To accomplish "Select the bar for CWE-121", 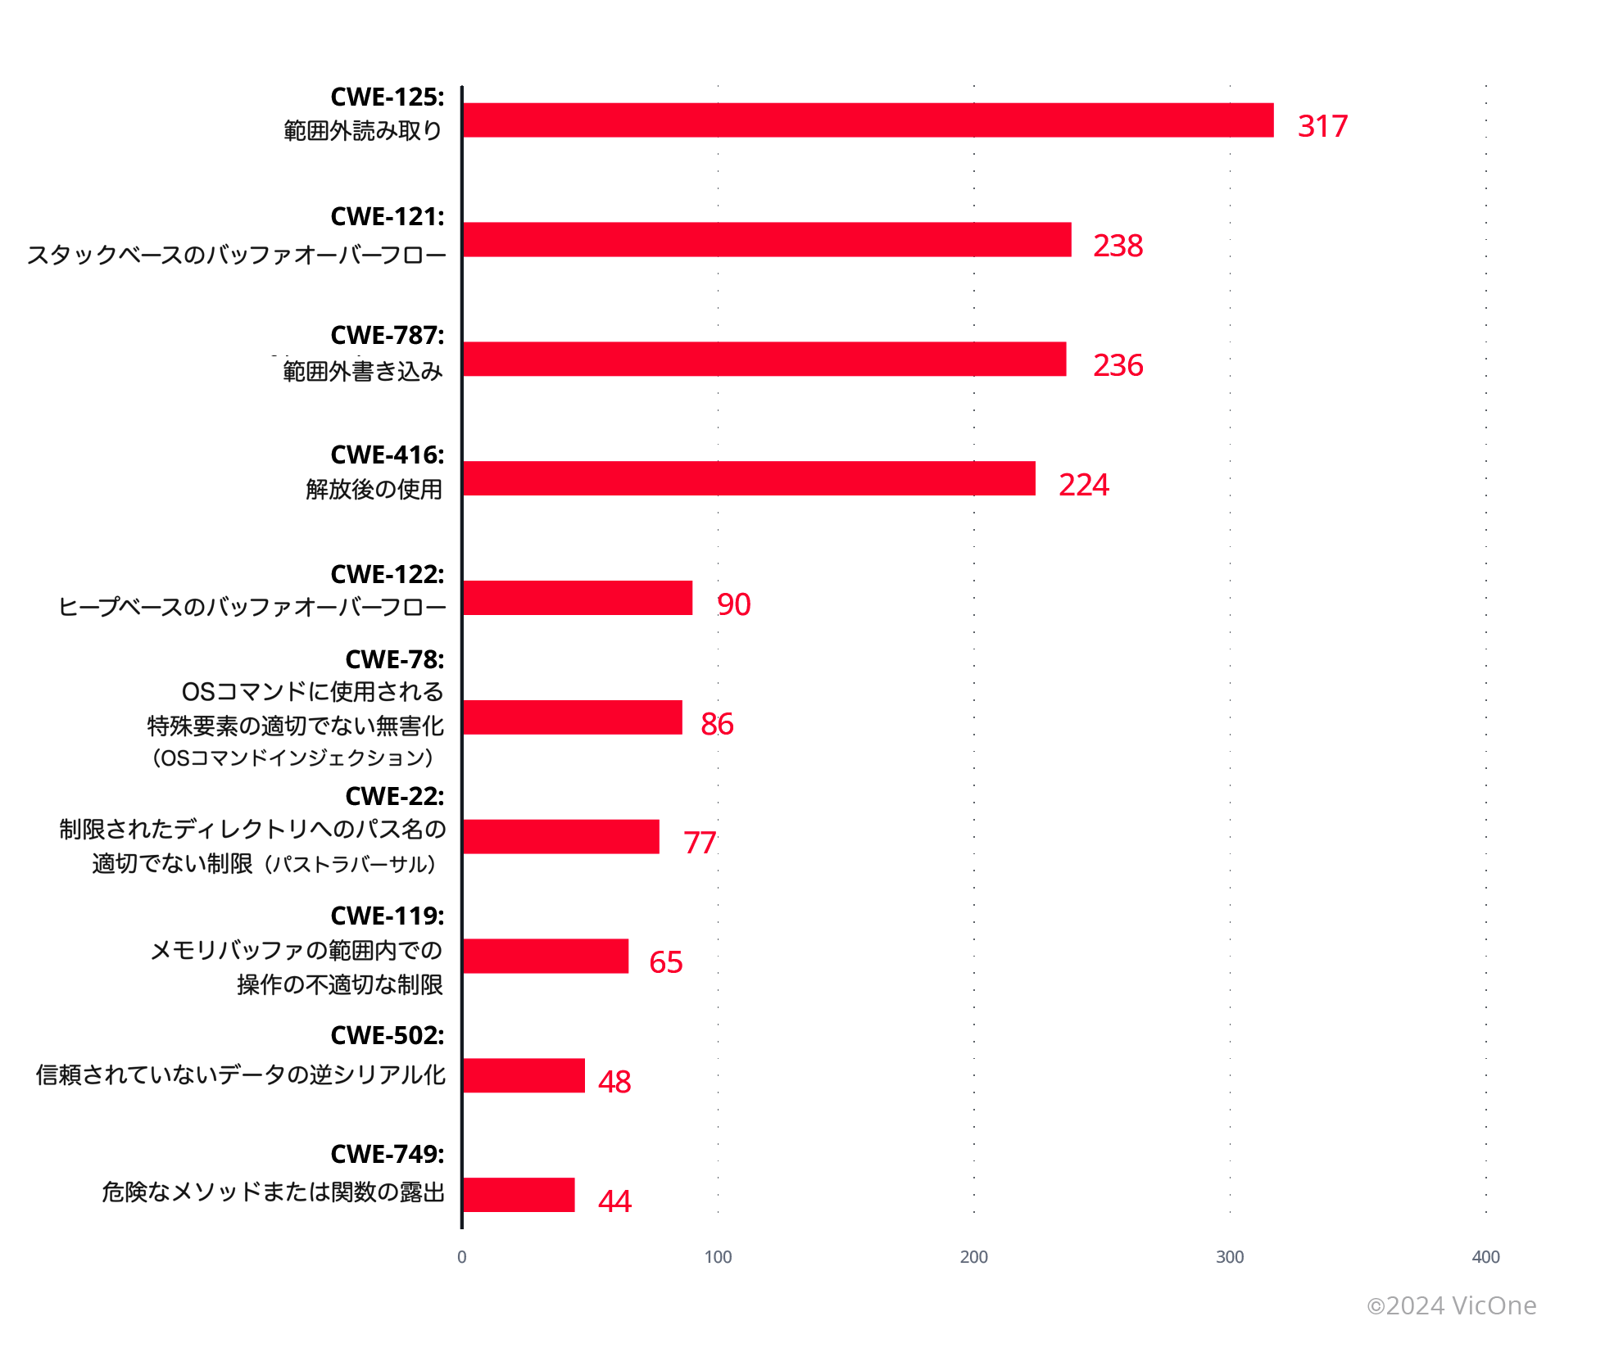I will [x=766, y=240].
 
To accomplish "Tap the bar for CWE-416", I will [x=748, y=478].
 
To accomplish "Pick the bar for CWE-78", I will [x=572, y=717].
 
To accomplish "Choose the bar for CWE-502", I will [x=523, y=1075].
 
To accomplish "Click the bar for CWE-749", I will [x=518, y=1195].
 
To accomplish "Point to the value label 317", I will [x=1322, y=126].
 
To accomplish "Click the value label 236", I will [x=1118, y=365].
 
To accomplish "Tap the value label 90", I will [x=733, y=604].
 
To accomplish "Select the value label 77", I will [x=700, y=843].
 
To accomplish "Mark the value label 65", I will [x=665, y=962].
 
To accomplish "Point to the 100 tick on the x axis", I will [x=718, y=1257].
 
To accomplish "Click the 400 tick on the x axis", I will [x=1485, y=1257].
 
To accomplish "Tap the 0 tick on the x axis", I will [x=462, y=1257].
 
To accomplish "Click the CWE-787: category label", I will [x=387, y=335].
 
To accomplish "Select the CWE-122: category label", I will [x=387, y=574].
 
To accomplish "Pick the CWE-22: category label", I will [x=394, y=796].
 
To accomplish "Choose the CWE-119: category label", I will [x=387, y=916].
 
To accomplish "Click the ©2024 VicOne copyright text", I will [x=1451, y=1305].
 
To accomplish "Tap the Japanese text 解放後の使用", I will [x=374, y=489].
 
